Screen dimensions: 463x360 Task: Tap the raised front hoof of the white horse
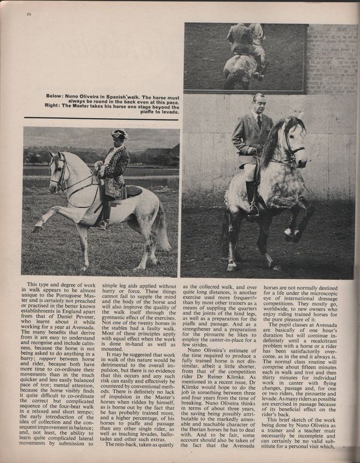click(38, 228)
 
